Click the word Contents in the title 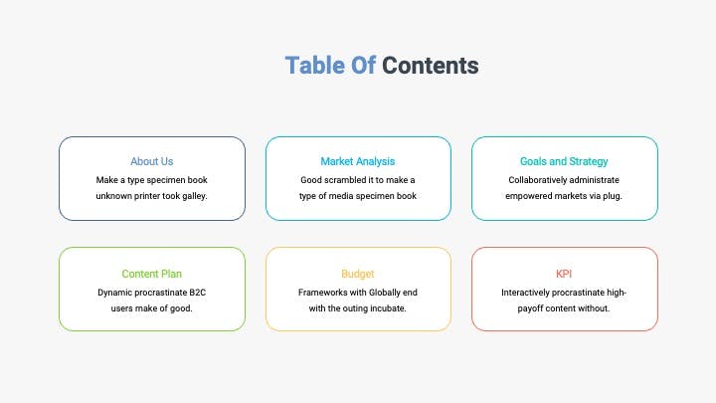coord(431,66)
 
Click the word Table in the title coord(314,66)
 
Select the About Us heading coord(151,161)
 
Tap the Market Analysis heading coord(358,161)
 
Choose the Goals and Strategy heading coord(564,161)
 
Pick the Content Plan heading coord(151,274)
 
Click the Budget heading coord(358,274)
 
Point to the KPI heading coord(564,274)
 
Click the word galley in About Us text coord(195,196)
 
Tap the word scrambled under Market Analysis coord(348,180)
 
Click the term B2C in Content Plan coord(197,293)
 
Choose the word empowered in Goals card coord(528,196)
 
